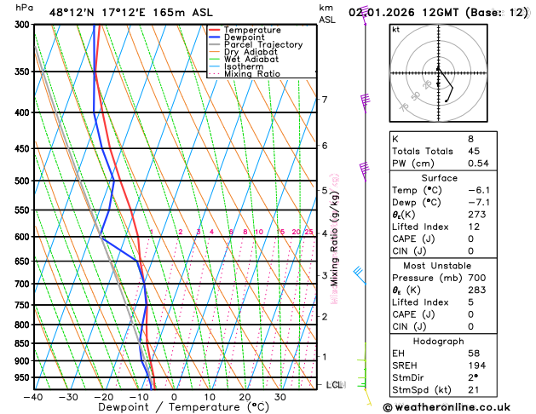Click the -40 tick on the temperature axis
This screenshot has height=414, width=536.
[x=33, y=396]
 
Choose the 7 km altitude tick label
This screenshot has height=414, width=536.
[x=324, y=100]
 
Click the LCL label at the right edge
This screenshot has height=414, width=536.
[x=335, y=385]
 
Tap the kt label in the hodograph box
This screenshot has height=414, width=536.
[x=395, y=30]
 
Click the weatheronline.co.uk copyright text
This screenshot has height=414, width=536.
[x=458, y=407]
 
